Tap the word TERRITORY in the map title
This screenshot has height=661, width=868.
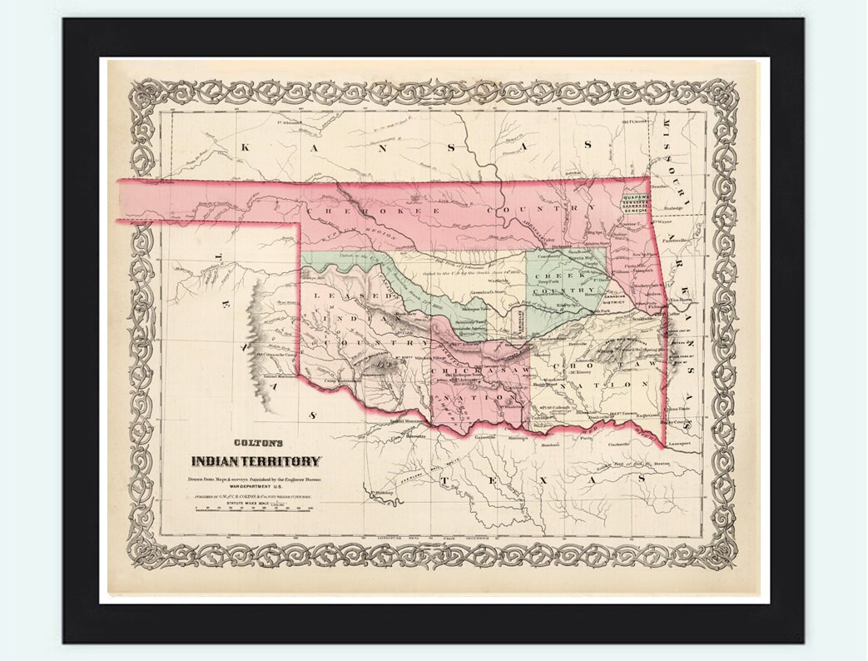(283, 461)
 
